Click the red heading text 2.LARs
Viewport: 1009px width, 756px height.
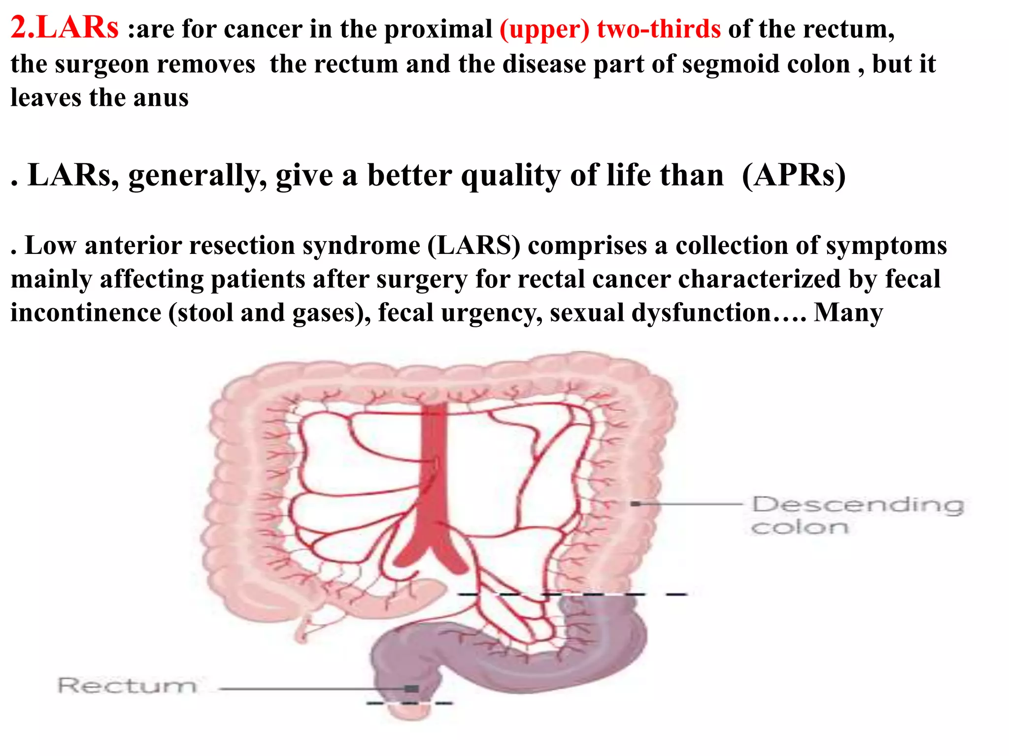pos(65,28)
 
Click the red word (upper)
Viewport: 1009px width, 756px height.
pos(544,29)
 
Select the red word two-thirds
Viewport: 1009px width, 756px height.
pos(659,29)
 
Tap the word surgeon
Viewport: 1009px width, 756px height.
pos(101,64)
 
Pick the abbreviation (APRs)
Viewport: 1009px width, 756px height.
pos(794,175)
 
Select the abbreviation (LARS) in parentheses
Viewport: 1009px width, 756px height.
pos(473,245)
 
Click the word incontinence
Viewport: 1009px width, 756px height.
pos(86,313)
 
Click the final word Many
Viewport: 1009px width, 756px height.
pos(848,313)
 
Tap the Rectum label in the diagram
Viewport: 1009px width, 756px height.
pos(127,685)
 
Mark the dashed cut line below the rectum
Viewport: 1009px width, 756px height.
pos(409,703)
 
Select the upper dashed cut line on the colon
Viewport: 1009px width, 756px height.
pos(572,595)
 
